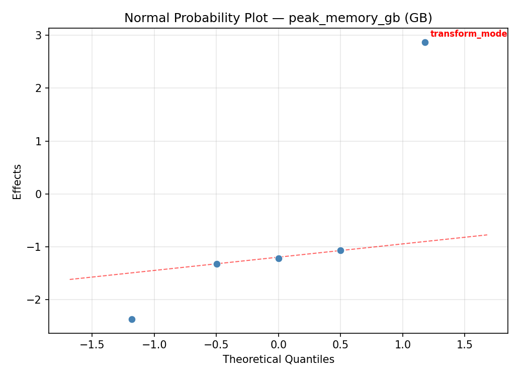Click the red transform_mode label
468,34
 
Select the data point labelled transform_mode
425,42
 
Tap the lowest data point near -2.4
132,319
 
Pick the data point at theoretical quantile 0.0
279,258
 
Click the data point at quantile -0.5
217,264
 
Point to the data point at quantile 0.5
340,250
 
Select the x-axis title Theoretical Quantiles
278,359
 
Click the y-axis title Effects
18,181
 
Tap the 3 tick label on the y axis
39,35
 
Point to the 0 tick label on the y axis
39,194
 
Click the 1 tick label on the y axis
39,141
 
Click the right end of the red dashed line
487,235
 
